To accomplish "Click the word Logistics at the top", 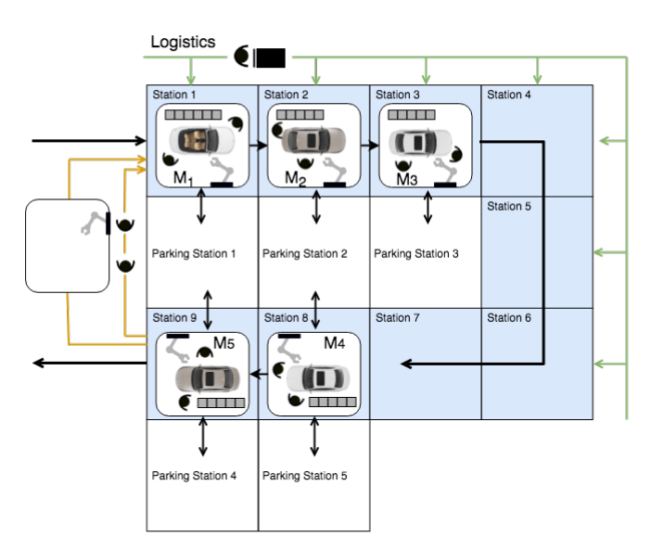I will point(183,42).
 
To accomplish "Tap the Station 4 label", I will point(509,95).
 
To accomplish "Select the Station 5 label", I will point(509,206).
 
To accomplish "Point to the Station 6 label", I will point(509,317).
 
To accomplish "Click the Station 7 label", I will point(398,317).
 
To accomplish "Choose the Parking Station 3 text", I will point(416,253).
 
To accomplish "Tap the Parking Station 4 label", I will point(194,476).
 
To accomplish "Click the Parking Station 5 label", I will point(305,476).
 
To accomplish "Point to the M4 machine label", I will point(334,343).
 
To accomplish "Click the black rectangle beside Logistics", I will point(271,58).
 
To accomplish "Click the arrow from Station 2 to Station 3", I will point(370,145).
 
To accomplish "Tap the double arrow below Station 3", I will point(428,208).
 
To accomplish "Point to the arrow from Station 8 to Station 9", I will point(259,375).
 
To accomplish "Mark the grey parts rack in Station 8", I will point(332,403).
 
